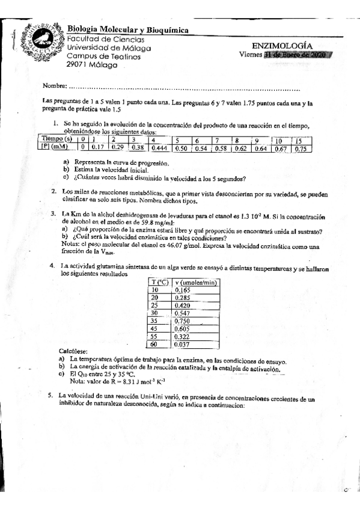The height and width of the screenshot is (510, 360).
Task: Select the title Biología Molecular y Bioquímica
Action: (127, 29)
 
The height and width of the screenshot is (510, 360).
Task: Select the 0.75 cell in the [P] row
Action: (301, 149)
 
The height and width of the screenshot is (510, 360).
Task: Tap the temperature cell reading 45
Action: (153, 328)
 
